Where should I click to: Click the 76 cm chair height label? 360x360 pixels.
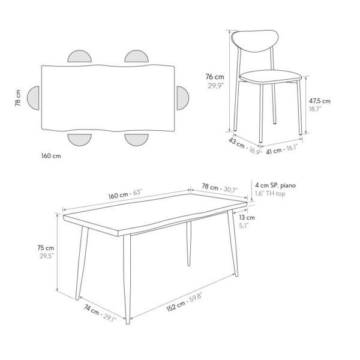click(215, 77)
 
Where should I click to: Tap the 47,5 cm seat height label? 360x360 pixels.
click(320, 101)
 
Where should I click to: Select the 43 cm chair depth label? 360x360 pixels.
click(236, 143)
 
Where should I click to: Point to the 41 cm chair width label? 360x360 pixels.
click(274, 151)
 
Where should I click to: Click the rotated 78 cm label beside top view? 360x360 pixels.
click(18, 98)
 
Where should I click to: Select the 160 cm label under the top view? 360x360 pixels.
click(51, 156)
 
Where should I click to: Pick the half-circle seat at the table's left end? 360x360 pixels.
click(33, 98)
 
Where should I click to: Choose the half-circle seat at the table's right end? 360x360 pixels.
click(182, 98)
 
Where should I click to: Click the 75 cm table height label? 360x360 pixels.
click(46, 248)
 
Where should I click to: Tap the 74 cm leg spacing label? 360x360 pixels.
click(91, 310)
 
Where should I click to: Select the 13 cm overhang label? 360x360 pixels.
click(247, 217)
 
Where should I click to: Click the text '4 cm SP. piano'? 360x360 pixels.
click(275, 185)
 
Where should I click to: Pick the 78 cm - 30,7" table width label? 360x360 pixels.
click(220, 188)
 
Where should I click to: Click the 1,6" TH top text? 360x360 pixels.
click(270, 194)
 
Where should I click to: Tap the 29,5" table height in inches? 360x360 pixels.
click(47, 256)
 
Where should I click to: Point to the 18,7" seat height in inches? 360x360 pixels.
click(315, 109)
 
